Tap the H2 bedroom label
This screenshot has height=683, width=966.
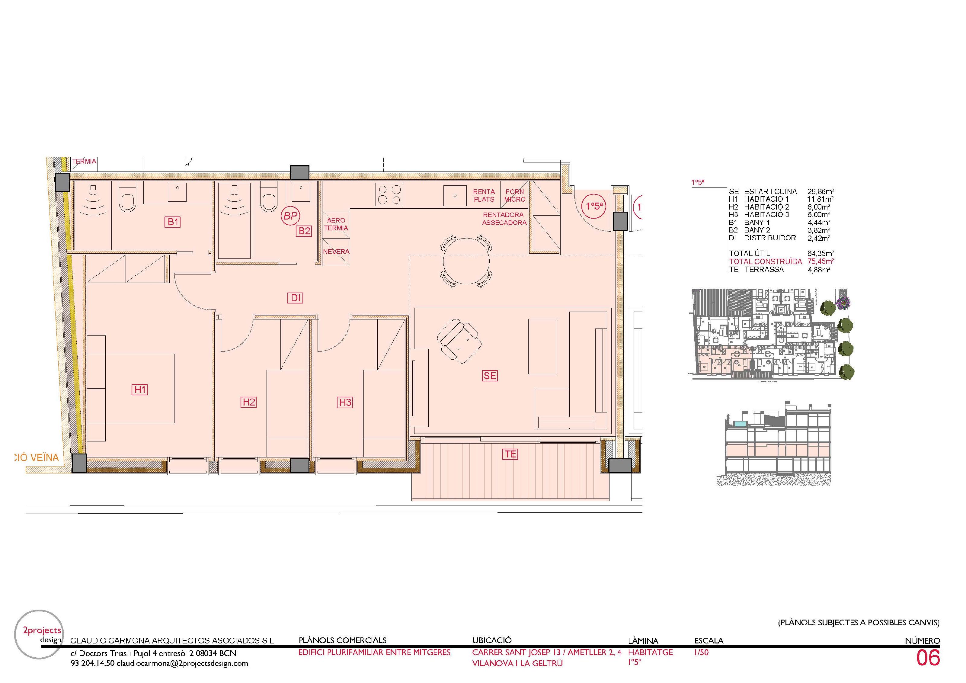(x=249, y=402)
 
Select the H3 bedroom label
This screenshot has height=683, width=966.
(x=345, y=402)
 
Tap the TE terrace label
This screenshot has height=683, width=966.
(x=510, y=454)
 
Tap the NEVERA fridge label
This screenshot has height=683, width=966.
(x=336, y=252)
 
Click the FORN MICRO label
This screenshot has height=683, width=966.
(x=515, y=195)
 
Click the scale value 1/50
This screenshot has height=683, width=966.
(x=701, y=652)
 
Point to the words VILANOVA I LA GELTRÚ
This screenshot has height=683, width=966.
(x=517, y=663)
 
